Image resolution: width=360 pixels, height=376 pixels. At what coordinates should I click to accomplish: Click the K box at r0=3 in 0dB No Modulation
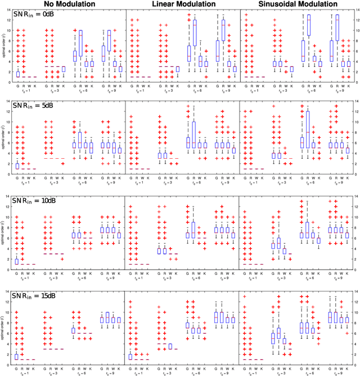tap(64, 69)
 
